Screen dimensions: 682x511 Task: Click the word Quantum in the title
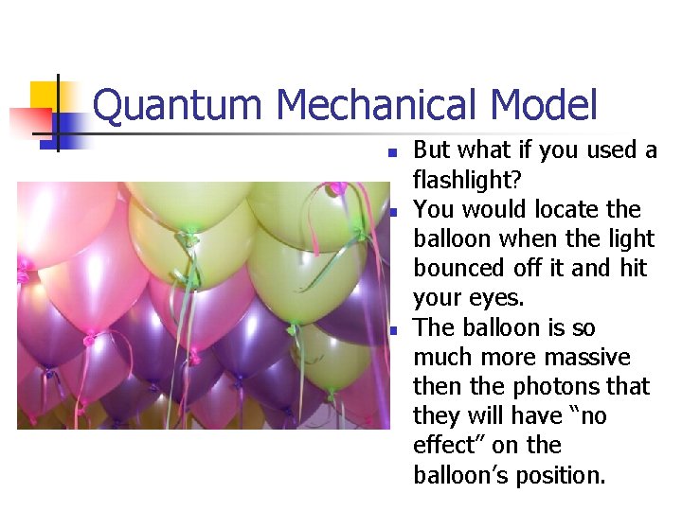click(x=176, y=106)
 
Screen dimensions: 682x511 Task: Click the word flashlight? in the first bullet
click(x=467, y=179)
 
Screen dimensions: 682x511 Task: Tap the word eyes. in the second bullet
click(x=496, y=298)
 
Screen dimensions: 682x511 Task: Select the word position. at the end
click(x=561, y=476)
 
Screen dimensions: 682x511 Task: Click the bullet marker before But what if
click(x=393, y=153)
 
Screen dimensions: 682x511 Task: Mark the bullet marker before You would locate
click(x=394, y=213)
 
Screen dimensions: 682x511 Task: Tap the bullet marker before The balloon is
click(x=394, y=331)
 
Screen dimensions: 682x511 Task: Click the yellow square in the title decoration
click(x=44, y=97)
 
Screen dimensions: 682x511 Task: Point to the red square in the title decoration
click(x=30, y=122)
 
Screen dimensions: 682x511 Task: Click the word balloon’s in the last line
click(x=460, y=475)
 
